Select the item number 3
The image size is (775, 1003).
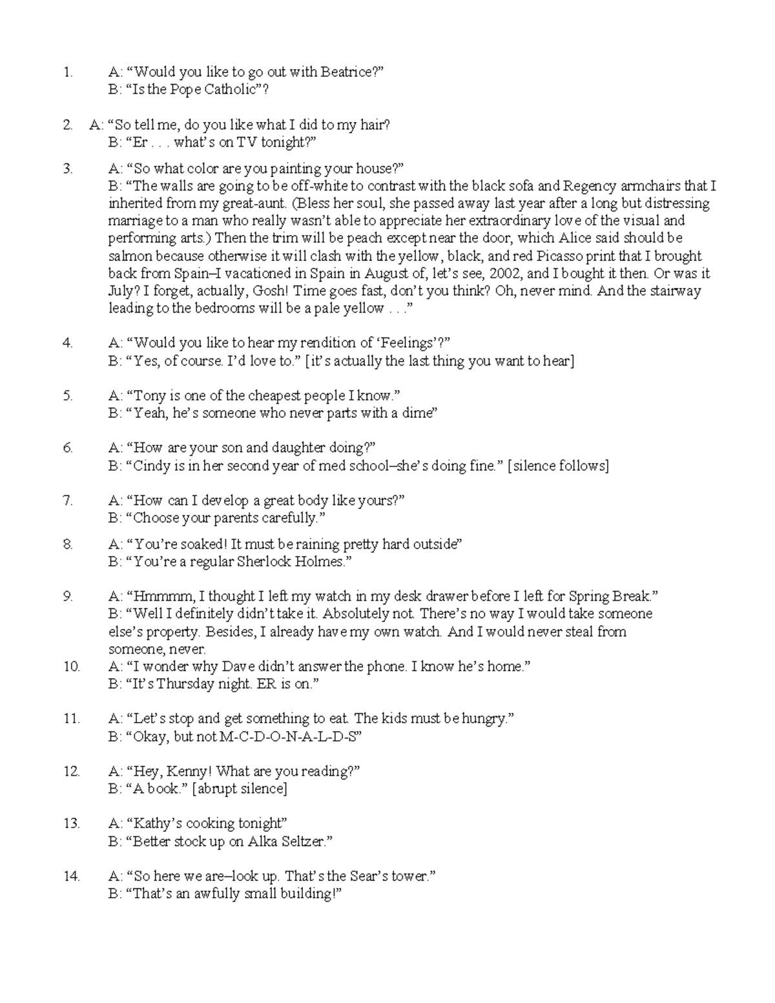[68, 169]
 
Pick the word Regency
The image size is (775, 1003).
[590, 187]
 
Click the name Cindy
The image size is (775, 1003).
[151, 466]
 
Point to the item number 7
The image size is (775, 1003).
[68, 501]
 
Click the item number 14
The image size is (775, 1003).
[71, 876]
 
